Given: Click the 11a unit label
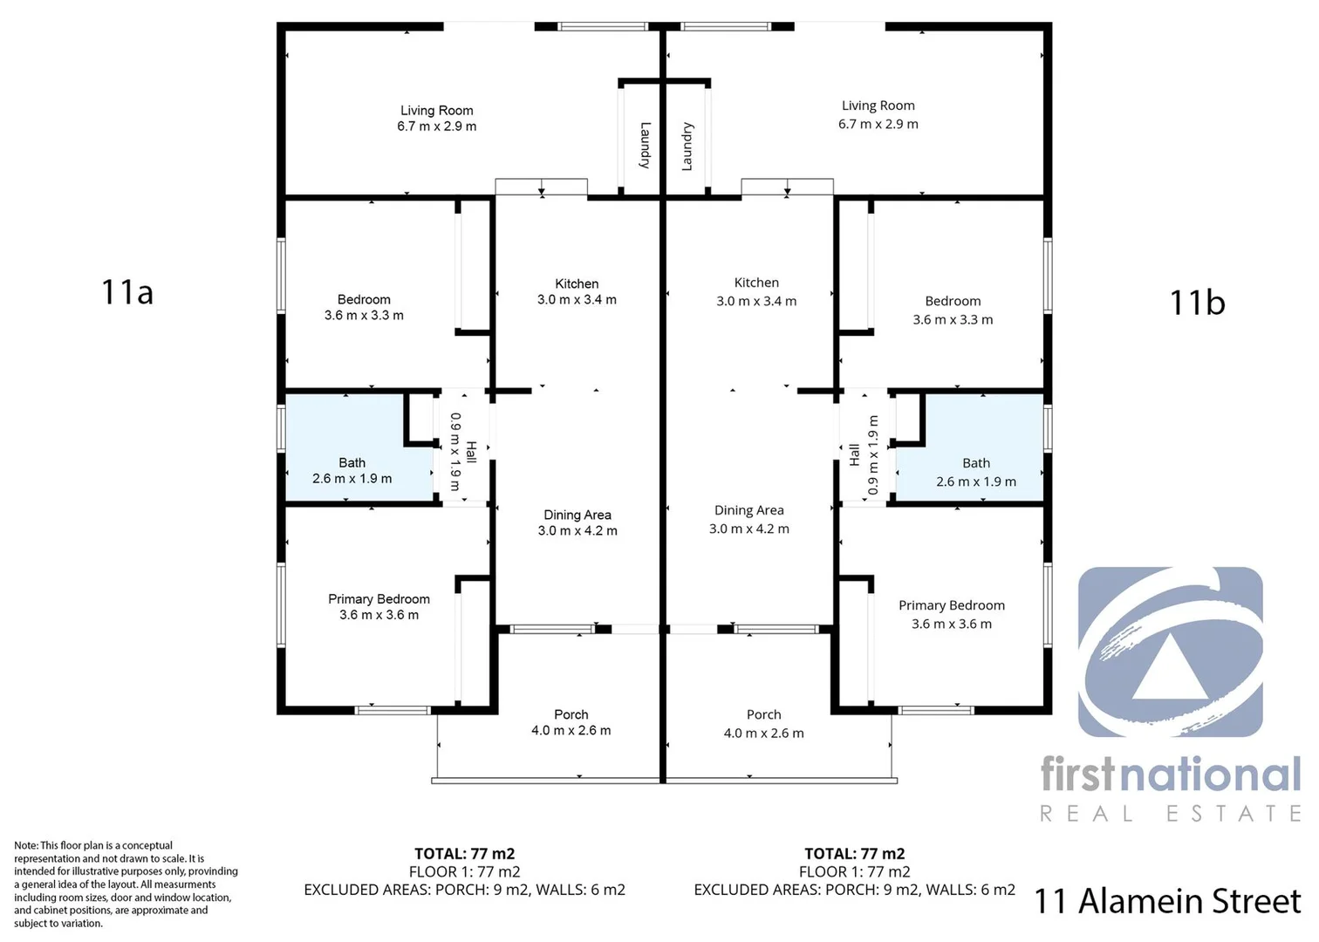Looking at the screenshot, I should click(127, 292).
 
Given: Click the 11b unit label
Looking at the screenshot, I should click(1197, 303).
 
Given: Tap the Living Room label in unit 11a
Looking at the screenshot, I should click(436, 111).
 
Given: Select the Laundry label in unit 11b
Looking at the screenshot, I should click(687, 147).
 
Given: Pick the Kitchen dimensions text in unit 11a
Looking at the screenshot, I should click(577, 300).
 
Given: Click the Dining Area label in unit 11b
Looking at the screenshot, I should click(748, 510).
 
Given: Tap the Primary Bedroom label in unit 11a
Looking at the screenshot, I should click(379, 599).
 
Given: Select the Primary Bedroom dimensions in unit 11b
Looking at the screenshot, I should click(951, 624).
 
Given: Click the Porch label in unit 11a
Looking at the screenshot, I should click(571, 714).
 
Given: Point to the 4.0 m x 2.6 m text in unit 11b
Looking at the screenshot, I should click(763, 734).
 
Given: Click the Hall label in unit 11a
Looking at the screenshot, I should click(471, 451).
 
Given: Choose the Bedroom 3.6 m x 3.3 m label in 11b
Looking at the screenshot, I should click(953, 311).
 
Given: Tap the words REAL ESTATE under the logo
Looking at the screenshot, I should click(1170, 814).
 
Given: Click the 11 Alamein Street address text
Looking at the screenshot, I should click(1167, 902).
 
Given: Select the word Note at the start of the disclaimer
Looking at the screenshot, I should click(25, 845).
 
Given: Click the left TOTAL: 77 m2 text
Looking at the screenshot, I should click(464, 854).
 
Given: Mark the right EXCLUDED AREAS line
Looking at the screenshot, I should click(854, 890).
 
